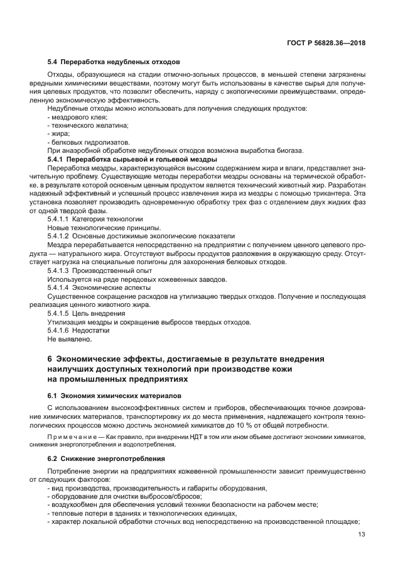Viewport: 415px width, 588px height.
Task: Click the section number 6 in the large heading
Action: pyautogui.click(x=50, y=359)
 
